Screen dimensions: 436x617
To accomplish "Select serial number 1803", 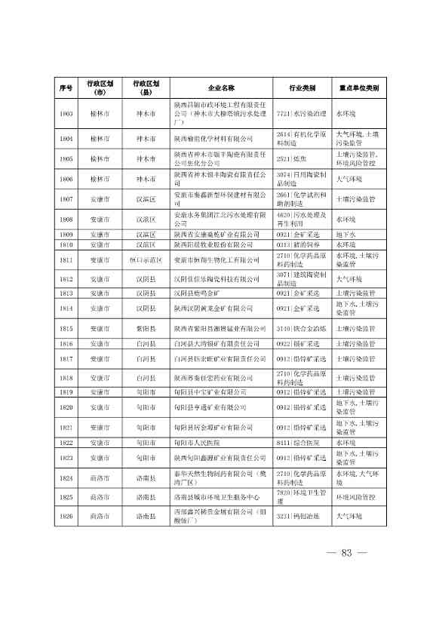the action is (66, 113).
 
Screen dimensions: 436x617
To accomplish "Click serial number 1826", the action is (66, 516).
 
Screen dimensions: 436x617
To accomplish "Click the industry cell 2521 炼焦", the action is (291, 159).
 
